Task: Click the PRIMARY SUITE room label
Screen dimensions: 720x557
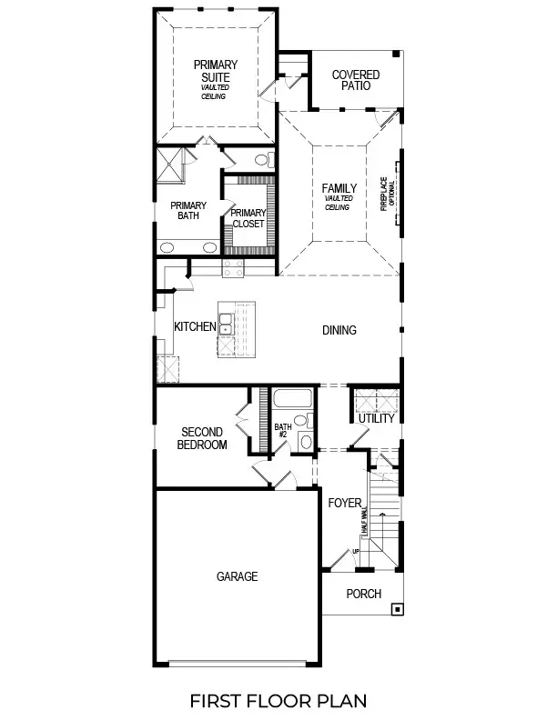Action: coord(215,71)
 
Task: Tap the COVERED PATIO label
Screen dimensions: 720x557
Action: coord(356,80)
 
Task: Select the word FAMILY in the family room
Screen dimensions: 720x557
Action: coord(339,189)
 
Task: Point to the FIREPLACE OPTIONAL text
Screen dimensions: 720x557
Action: coord(386,193)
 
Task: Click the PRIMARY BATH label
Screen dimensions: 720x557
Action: coord(187,211)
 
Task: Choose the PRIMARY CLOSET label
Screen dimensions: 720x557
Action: coord(248,218)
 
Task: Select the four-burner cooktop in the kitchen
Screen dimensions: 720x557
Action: coord(234,267)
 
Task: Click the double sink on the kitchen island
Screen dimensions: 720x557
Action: coord(226,329)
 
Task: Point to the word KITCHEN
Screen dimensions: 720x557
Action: coord(195,326)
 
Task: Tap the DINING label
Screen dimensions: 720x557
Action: coord(339,330)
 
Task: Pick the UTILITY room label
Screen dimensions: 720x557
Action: coord(375,418)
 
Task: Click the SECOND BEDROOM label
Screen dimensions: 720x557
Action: coord(203,439)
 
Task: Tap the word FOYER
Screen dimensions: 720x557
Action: coord(344,503)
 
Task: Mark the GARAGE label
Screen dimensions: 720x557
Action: coord(237,576)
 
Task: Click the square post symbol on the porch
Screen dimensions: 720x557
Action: coord(397,610)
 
